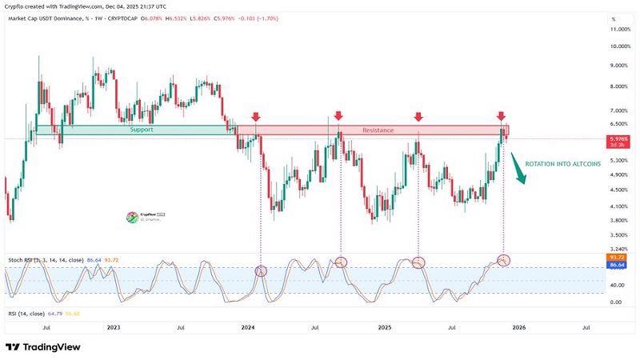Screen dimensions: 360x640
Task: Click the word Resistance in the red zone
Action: click(x=378, y=130)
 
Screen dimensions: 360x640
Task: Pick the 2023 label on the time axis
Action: click(x=114, y=326)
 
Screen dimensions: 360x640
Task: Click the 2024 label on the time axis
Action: click(x=249, y=326)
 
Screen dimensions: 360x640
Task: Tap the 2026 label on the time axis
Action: click(x=519, y=326)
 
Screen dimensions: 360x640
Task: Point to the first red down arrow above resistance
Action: click(x=255, y=117)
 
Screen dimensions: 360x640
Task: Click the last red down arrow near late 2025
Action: click(x=502, y=117)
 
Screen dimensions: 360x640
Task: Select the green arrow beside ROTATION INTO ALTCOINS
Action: click(x=518, y=171)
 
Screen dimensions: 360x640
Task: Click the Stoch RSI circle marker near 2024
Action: click(x=261, y=271)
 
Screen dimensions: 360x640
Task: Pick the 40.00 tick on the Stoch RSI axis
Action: click(x=617, y=284)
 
